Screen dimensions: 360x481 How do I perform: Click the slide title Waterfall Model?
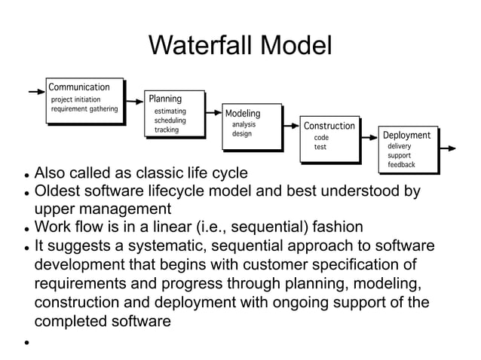240,46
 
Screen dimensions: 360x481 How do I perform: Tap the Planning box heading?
165,99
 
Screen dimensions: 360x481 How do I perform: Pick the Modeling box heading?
243,114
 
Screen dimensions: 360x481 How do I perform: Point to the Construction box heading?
329,126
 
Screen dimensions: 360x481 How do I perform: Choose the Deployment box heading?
407,136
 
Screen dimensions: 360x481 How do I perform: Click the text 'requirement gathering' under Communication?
84,108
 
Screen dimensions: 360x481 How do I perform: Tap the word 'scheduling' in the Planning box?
170,121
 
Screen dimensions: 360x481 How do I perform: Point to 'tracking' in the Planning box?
167,130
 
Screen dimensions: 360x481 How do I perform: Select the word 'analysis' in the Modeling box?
244,124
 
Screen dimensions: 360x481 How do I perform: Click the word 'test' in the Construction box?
320,148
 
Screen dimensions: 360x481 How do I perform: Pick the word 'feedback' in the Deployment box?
401,164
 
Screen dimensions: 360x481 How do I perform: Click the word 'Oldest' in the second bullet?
60,191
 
